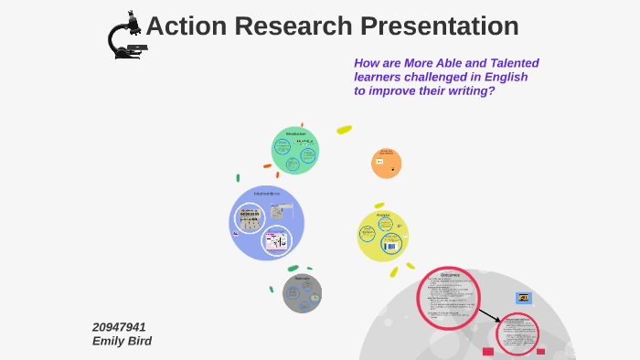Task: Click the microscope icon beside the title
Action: [x=126, y=35]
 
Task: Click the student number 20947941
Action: [x=119, y=326]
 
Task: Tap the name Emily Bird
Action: [x=122, y=341]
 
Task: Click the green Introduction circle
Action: [x=294, y=150]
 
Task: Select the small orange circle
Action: [x=386, y=163]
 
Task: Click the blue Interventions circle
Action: [x=266, y=222]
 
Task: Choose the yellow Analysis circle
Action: [x=382, y=236]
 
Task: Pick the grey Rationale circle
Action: [x=302, y=293]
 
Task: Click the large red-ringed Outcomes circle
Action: [x=448, y=297]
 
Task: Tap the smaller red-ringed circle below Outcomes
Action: [x=517, y=334]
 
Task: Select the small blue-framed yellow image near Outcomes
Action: [x=523, y=297]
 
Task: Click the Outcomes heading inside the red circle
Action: [x=449, y=274]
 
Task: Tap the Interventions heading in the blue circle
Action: [x=266, y=194]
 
